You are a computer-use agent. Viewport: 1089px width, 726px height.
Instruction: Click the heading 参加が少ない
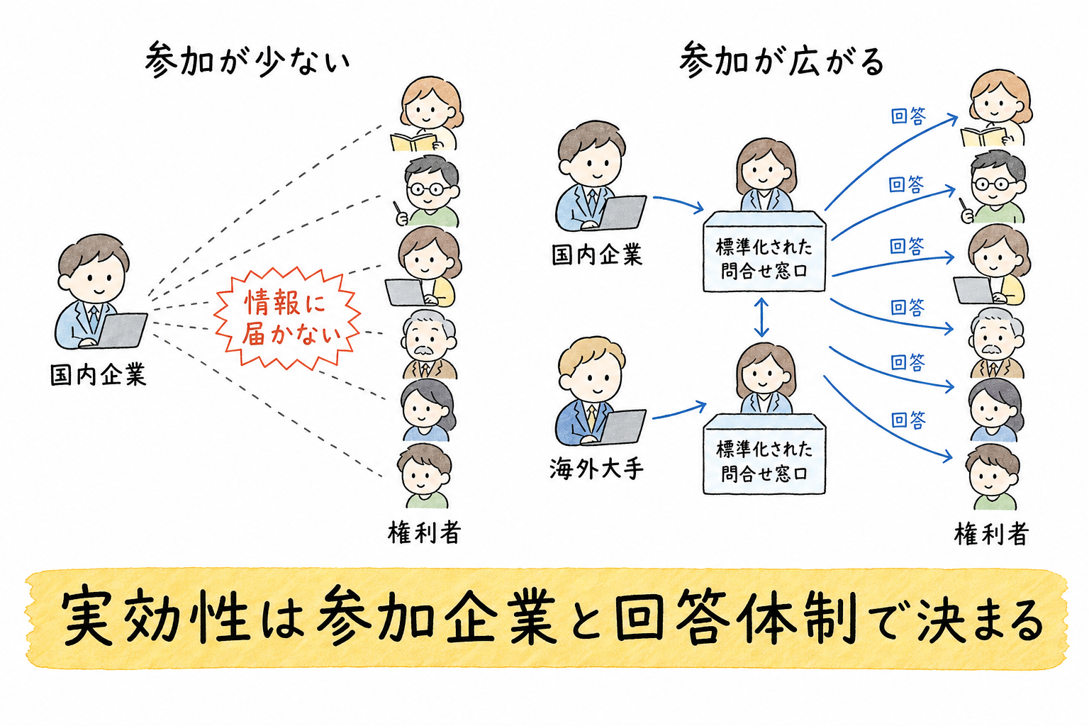tap(247, 60)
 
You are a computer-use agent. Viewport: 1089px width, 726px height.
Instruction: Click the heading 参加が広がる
tap(781, 60)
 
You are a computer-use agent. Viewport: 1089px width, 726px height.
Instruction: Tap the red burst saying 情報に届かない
tap(287, 318)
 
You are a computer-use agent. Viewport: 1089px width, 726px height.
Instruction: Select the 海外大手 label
tap(596, 469)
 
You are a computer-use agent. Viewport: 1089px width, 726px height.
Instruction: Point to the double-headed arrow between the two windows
tap(761, 317)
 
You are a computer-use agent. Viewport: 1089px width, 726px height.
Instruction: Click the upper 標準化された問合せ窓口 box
tap(764, 252)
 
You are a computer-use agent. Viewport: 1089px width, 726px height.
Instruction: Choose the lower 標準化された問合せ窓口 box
tap(764, 454)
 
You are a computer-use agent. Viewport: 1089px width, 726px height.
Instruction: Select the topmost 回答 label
tap(907, 116)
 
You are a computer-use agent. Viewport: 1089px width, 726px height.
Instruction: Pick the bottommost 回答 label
tap(907, 420)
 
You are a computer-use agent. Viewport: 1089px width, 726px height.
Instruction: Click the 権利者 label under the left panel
tap(424, 532)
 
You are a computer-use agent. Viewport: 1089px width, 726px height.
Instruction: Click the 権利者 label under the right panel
tap(990, 533)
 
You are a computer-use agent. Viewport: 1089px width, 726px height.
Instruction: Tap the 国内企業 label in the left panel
tap(99, 375)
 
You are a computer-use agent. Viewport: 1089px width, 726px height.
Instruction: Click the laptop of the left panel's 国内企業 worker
tap(121, 330)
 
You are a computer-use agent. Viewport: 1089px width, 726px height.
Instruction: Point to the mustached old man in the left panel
tap(429, 345)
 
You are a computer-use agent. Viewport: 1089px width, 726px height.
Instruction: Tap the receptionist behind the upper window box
tap(766, 175)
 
